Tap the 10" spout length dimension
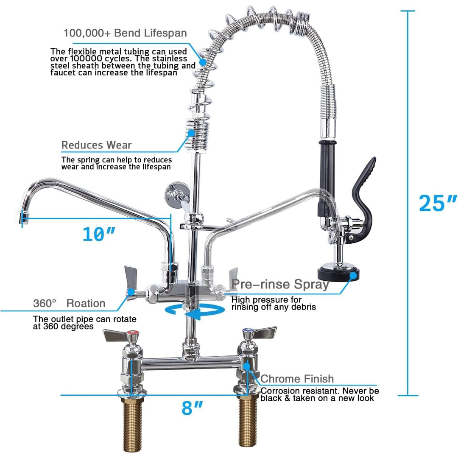[x=99, y=234]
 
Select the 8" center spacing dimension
[x=192, y=408]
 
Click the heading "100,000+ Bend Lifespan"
[x=125, y=33]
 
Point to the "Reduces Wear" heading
[x=97, y=145]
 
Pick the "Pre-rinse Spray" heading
[x=280, y=285]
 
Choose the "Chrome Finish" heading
[x=297, y=379]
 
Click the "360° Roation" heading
[x=69, y=303]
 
